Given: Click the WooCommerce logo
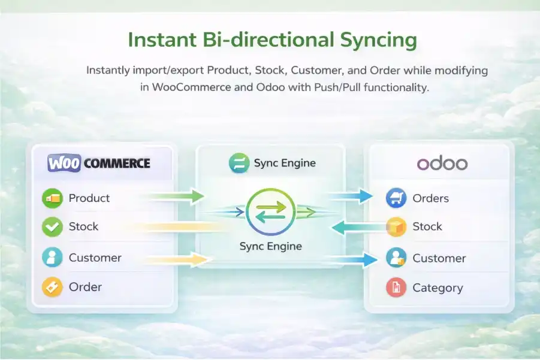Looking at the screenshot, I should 99,163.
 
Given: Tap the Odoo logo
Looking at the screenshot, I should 442,164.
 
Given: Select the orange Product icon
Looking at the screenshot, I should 52,198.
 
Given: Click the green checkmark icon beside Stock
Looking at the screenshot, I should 52,227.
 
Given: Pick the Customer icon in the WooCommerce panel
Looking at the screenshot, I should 52,258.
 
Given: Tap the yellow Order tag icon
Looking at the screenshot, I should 52,288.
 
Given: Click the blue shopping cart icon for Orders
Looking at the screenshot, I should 396,198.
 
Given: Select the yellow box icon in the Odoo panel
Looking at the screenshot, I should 396,227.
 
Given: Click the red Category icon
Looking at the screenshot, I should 396,288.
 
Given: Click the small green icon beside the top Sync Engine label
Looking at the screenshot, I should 239,164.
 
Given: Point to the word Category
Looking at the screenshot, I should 438,288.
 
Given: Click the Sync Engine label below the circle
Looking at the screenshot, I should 271,246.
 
